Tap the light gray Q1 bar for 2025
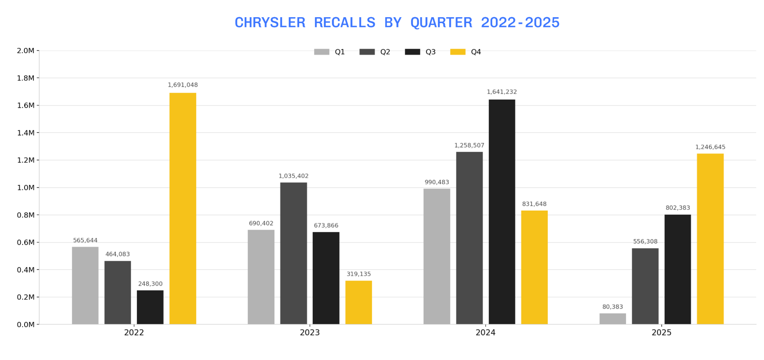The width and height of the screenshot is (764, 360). [x=612, y=319]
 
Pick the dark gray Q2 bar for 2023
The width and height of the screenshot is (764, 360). [x=293, y=253]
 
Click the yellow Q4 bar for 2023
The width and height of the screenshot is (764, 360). [x=358, y=302]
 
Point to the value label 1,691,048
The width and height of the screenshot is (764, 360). [x=182, y=85]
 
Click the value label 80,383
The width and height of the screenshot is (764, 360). [x=612, y=307]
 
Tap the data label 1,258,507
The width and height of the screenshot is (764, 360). [x=469, y=145]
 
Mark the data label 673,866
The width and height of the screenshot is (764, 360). [x=326, y=226]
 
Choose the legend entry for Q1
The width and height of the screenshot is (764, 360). [x=329, y=52]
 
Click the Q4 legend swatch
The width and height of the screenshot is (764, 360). [x=457, y=52]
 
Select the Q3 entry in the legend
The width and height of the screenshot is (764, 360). [x=420, y=52]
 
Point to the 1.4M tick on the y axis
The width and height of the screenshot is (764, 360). [x=26, y=133]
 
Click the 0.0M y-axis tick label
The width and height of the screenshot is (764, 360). [x=26, y=324]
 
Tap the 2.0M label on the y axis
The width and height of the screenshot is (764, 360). [x=26, y=51]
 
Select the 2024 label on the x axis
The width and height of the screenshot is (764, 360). [x=485, y=333]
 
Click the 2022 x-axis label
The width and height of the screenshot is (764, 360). [x=134, y=333]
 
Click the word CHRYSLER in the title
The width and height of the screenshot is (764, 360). [x=270, y=23]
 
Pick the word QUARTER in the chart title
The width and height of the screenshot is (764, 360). [x=441, y=23]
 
